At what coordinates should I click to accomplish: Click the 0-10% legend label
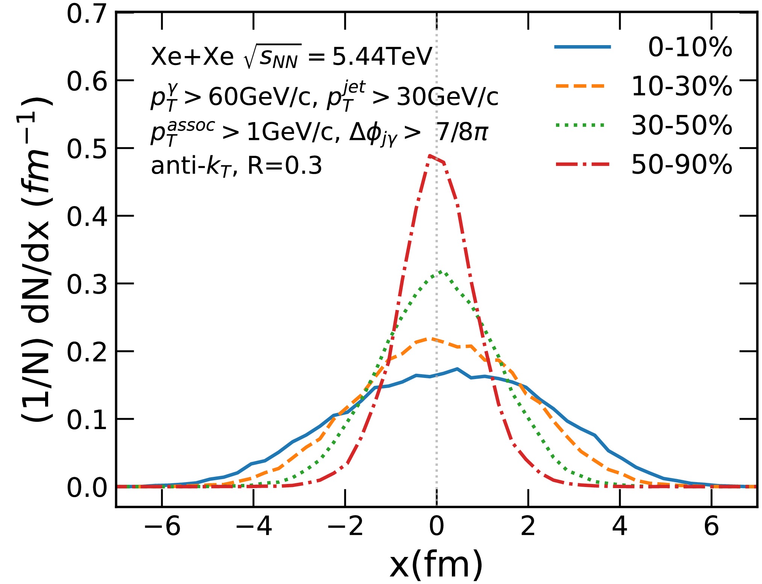690,47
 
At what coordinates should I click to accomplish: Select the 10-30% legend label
682,86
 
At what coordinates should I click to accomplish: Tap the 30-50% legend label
682,126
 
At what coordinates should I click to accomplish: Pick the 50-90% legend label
682,165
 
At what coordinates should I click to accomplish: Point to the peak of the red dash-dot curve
430,155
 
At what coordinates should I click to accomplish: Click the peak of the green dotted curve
439,272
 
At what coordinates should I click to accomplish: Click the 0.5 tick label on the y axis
87,149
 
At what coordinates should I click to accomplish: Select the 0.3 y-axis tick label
87,284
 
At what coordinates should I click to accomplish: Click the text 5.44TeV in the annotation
382,57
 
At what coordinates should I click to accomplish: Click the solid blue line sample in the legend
582,47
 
